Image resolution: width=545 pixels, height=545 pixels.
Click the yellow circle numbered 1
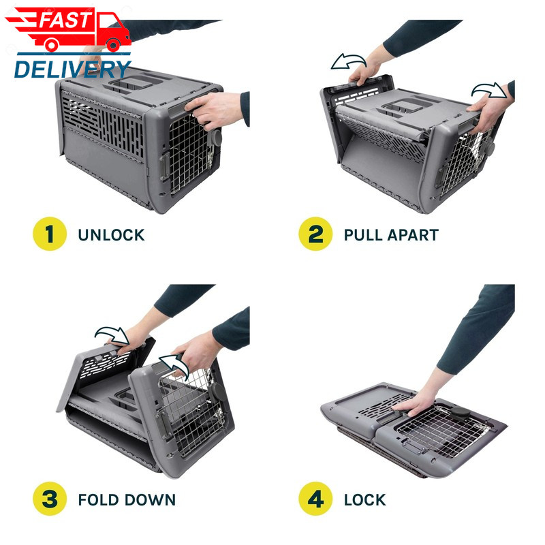point(50,234)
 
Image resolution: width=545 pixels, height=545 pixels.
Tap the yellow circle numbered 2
point(315,234)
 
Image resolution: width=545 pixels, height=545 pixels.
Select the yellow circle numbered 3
point(50,499)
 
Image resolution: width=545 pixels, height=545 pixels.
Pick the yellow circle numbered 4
point(315,499)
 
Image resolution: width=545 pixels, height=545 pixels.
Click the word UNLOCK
point(111,235)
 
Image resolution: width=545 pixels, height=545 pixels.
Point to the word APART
point(413,235)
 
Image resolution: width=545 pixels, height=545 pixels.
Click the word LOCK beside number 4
point(365,500)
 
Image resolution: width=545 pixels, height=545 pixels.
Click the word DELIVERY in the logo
point(72,69)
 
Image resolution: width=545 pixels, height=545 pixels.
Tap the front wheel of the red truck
point(113,45)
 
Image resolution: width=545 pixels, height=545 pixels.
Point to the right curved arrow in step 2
point(489,91)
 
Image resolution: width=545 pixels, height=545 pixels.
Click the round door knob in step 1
point(217,138)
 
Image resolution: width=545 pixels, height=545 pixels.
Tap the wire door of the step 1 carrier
point(189,153)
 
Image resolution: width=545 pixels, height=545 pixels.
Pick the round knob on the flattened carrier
point(459,412)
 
